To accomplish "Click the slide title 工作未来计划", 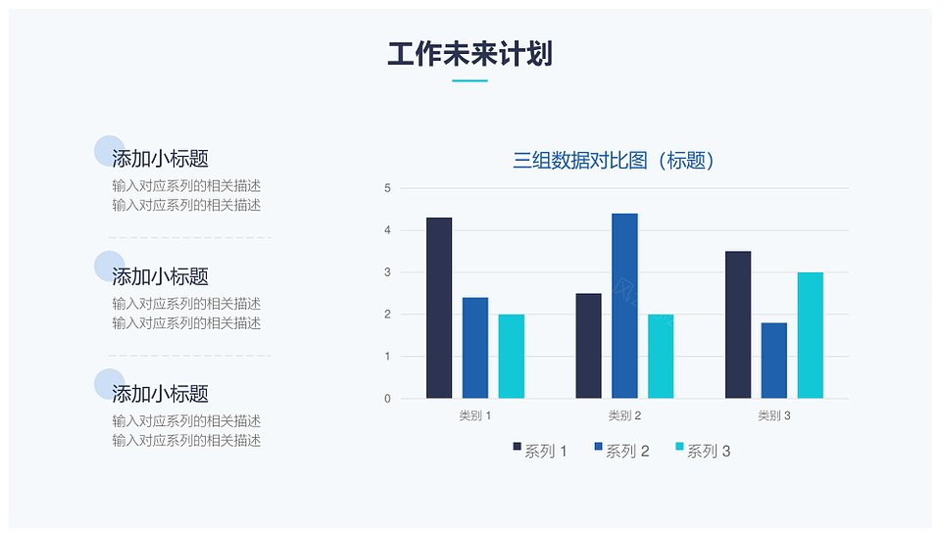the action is pyautogui.click(x=470, y=54).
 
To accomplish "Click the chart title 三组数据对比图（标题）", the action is pyautogui.click(x=614, y=160).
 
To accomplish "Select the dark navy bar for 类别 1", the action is pyautogui.click(x=439, y=308).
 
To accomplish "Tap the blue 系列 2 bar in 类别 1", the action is pyautogui.click(x=475, y=348).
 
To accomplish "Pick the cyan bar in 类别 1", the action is pyautogui.click(x=512, y=357).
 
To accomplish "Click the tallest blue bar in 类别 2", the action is pyautogui.click(x=624, y=306).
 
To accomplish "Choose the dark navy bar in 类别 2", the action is pyautogui.click(x=589, y=346).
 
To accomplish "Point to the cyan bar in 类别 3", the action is pyautogui.click(x=811, y=335).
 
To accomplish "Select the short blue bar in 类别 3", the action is pyautogui.click(x=774, y=361).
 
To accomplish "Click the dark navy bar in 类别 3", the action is pyautogui.click(x=738, y=324).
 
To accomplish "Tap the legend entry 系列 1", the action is pyautogui.click(x=540, y=451).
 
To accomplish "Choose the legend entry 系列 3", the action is pyautogui.click(x=704, y=451).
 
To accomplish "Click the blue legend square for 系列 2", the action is pyautogui.click(x=598, y=447).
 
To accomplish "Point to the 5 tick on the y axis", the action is pyautogui.click(x=388, y=188).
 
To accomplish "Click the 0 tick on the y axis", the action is pyautogui.click(x=388, y=399).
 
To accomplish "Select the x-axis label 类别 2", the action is pyautogui.click(x=624, y=415).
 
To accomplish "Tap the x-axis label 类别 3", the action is pyautogui.click(x=774, y=415).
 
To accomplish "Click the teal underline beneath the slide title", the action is pyautogui.click(x=470, y=80).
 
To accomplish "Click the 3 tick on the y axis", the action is pyautogui.click(x=388, y=272).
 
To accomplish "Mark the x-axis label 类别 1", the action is pyautogui.click(x=475, y=415).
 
